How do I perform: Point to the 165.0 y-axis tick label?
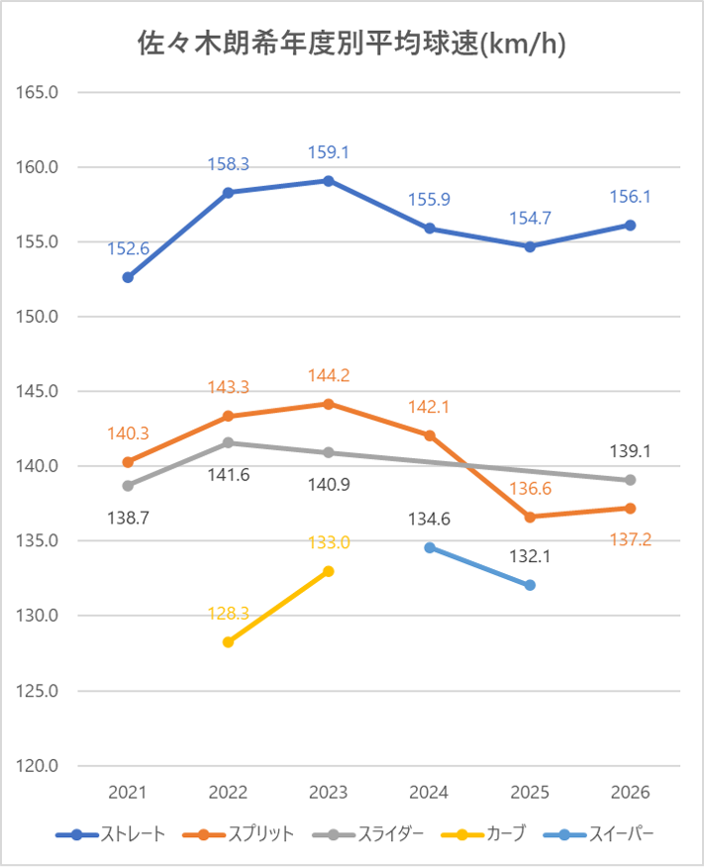pos(39,92)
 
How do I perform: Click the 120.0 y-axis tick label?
pos(39,766)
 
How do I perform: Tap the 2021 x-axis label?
pos(128,793)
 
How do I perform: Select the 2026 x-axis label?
pos(630,793)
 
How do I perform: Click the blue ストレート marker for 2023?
pos(329,181)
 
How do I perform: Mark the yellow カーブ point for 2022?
pos(229,641)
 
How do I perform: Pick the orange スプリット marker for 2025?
pos(530,517)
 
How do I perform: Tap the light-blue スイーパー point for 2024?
pos(430,547)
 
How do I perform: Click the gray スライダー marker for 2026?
pos(630,480)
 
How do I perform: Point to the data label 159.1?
pos(329,153)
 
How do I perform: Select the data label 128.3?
pos(229,614)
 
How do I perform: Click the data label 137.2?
pos(630,539)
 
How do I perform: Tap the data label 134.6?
pos(430,519)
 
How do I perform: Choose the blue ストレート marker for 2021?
pos(128,278)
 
